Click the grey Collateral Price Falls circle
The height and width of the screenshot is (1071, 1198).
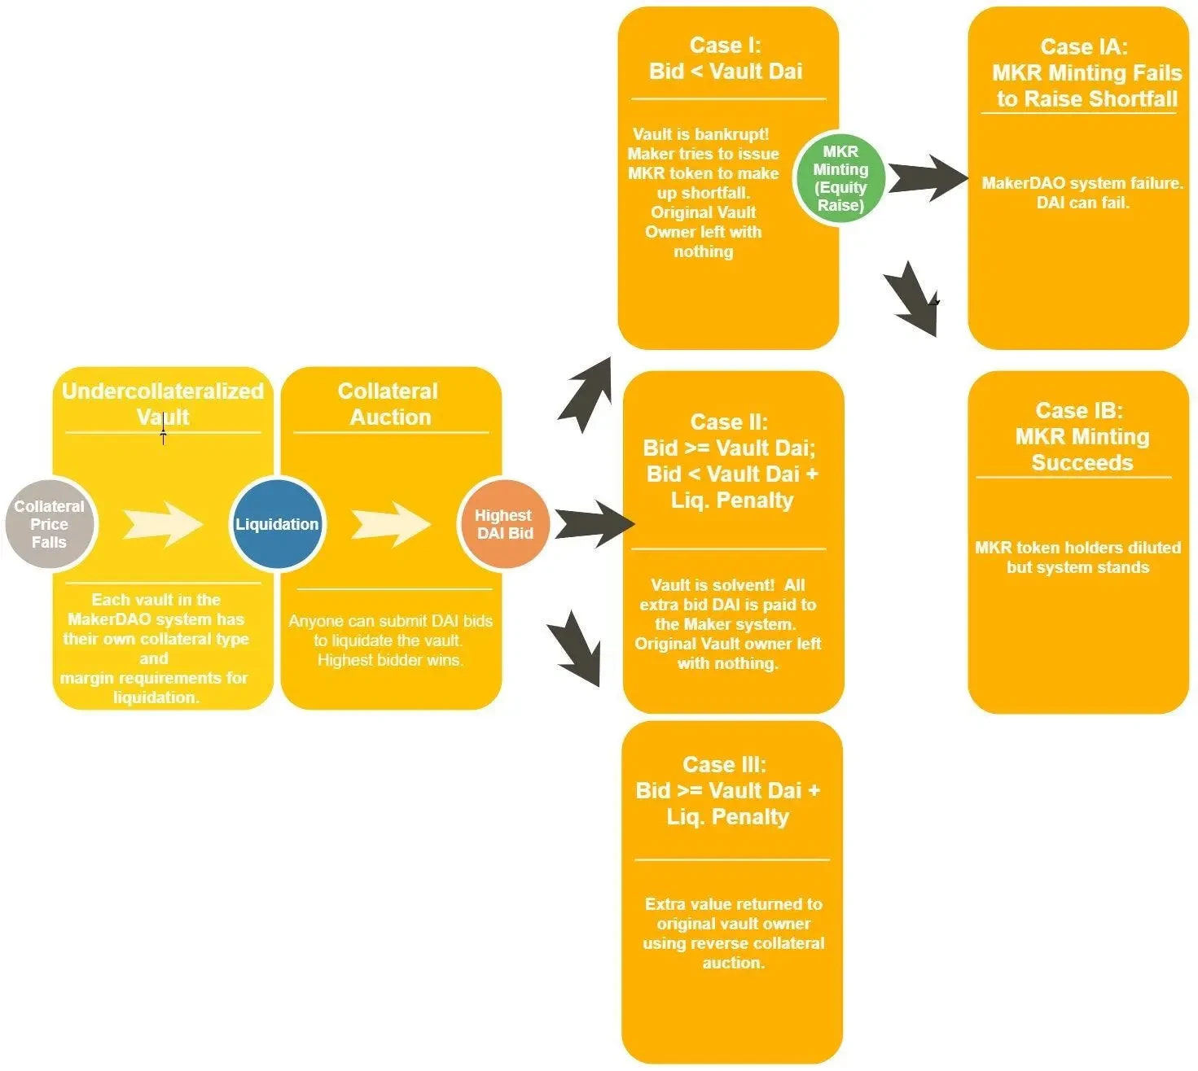click(x=50, y=524)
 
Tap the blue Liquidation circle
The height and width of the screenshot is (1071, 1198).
click(x=276, y=524)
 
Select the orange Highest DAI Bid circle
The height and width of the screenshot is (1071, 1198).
click(x=503, y=524)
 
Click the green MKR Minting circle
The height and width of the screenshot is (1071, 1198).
click(x=840, y=178)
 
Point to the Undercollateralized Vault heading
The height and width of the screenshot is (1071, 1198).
click(x=163, y=404)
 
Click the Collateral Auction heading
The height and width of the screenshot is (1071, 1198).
click(x=389, y=404)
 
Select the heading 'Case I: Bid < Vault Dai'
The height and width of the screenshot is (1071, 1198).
click(x=726, y=59)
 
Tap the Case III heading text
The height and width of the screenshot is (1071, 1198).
click(x=727, y=790)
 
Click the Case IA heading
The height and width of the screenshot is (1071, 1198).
click(x=1085, y=73)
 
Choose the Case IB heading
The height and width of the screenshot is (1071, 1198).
click(x=1081, y=437)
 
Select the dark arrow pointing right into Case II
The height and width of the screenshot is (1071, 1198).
click(x=593, y=524)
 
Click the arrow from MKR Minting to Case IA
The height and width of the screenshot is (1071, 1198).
click(x=926, y=178)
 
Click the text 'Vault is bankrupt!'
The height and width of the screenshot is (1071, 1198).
click(x=700, y=134)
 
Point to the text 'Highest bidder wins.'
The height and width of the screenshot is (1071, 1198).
click(x=390, y=660)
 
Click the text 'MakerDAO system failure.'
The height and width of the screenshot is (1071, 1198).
click(x=1082, y=183)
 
